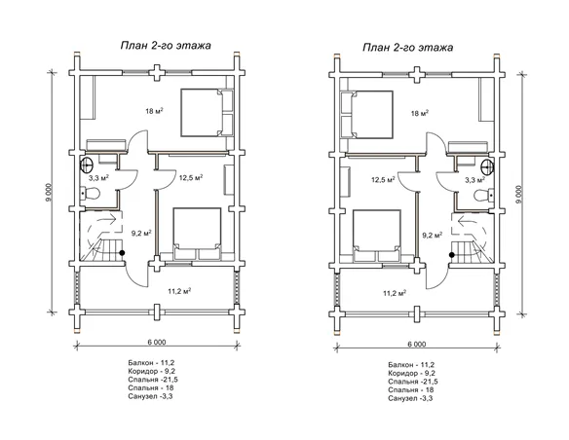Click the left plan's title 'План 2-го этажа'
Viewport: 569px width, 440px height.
(166, 46)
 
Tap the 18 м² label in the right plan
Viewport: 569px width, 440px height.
(420, 113)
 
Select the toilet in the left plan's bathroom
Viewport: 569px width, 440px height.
(90, 193)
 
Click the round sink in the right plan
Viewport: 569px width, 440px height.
(487, 167)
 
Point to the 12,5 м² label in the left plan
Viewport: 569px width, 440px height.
(191, 177)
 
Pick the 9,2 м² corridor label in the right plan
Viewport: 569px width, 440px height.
(433, 236)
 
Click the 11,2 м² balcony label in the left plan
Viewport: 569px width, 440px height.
(179, 291)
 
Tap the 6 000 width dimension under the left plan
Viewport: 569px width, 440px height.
(157, 342)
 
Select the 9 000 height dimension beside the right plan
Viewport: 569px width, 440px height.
(519, 195)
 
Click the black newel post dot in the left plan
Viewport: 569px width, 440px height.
(123, 253)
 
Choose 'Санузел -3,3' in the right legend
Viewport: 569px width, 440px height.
(410, 399)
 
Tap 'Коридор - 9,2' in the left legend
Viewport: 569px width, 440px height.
(152, 371)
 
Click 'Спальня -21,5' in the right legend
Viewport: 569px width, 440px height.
(413, 382)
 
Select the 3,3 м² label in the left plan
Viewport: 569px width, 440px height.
(99, 178)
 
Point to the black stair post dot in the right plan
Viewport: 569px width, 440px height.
(452, 255)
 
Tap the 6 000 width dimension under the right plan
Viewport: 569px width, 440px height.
(417, 345)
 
